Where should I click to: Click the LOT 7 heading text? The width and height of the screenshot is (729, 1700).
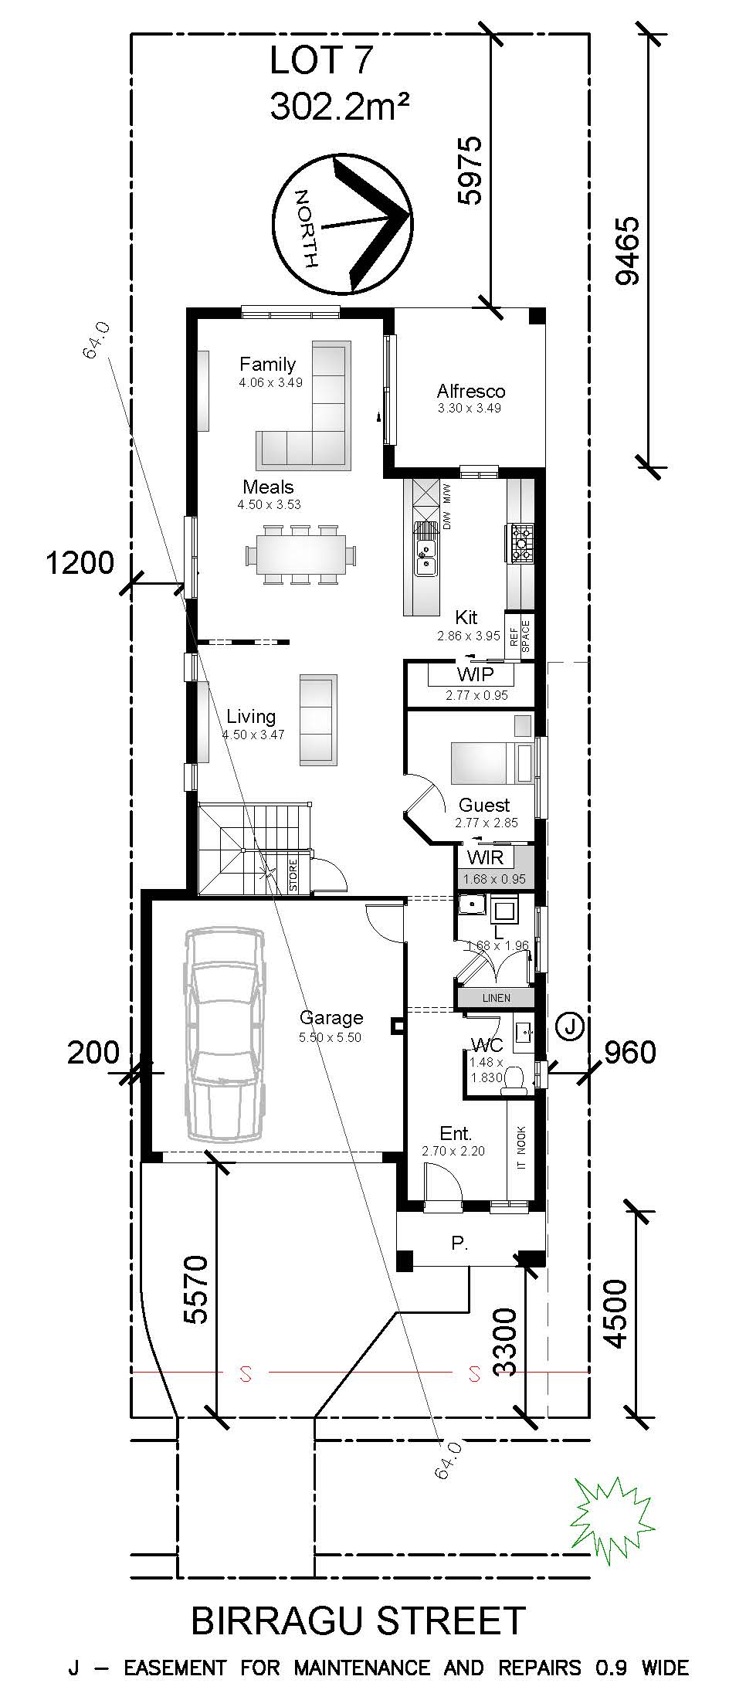[x=320, y=61]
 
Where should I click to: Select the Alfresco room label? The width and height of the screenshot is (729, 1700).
[x=470, y=391]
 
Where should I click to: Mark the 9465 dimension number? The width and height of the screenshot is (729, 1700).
[x=627, y=251]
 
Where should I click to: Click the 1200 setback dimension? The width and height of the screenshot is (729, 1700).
[x=80, y=563]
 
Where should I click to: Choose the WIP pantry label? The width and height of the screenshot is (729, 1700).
[x=475, y=674]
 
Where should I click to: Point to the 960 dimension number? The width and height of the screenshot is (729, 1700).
[x=629, y=1052]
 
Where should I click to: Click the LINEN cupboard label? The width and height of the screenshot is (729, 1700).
[x=496, y=998]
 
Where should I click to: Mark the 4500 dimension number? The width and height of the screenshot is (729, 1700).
[x=615, y=1314]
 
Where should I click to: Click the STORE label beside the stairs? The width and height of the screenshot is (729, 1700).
[x=294, y=875]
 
